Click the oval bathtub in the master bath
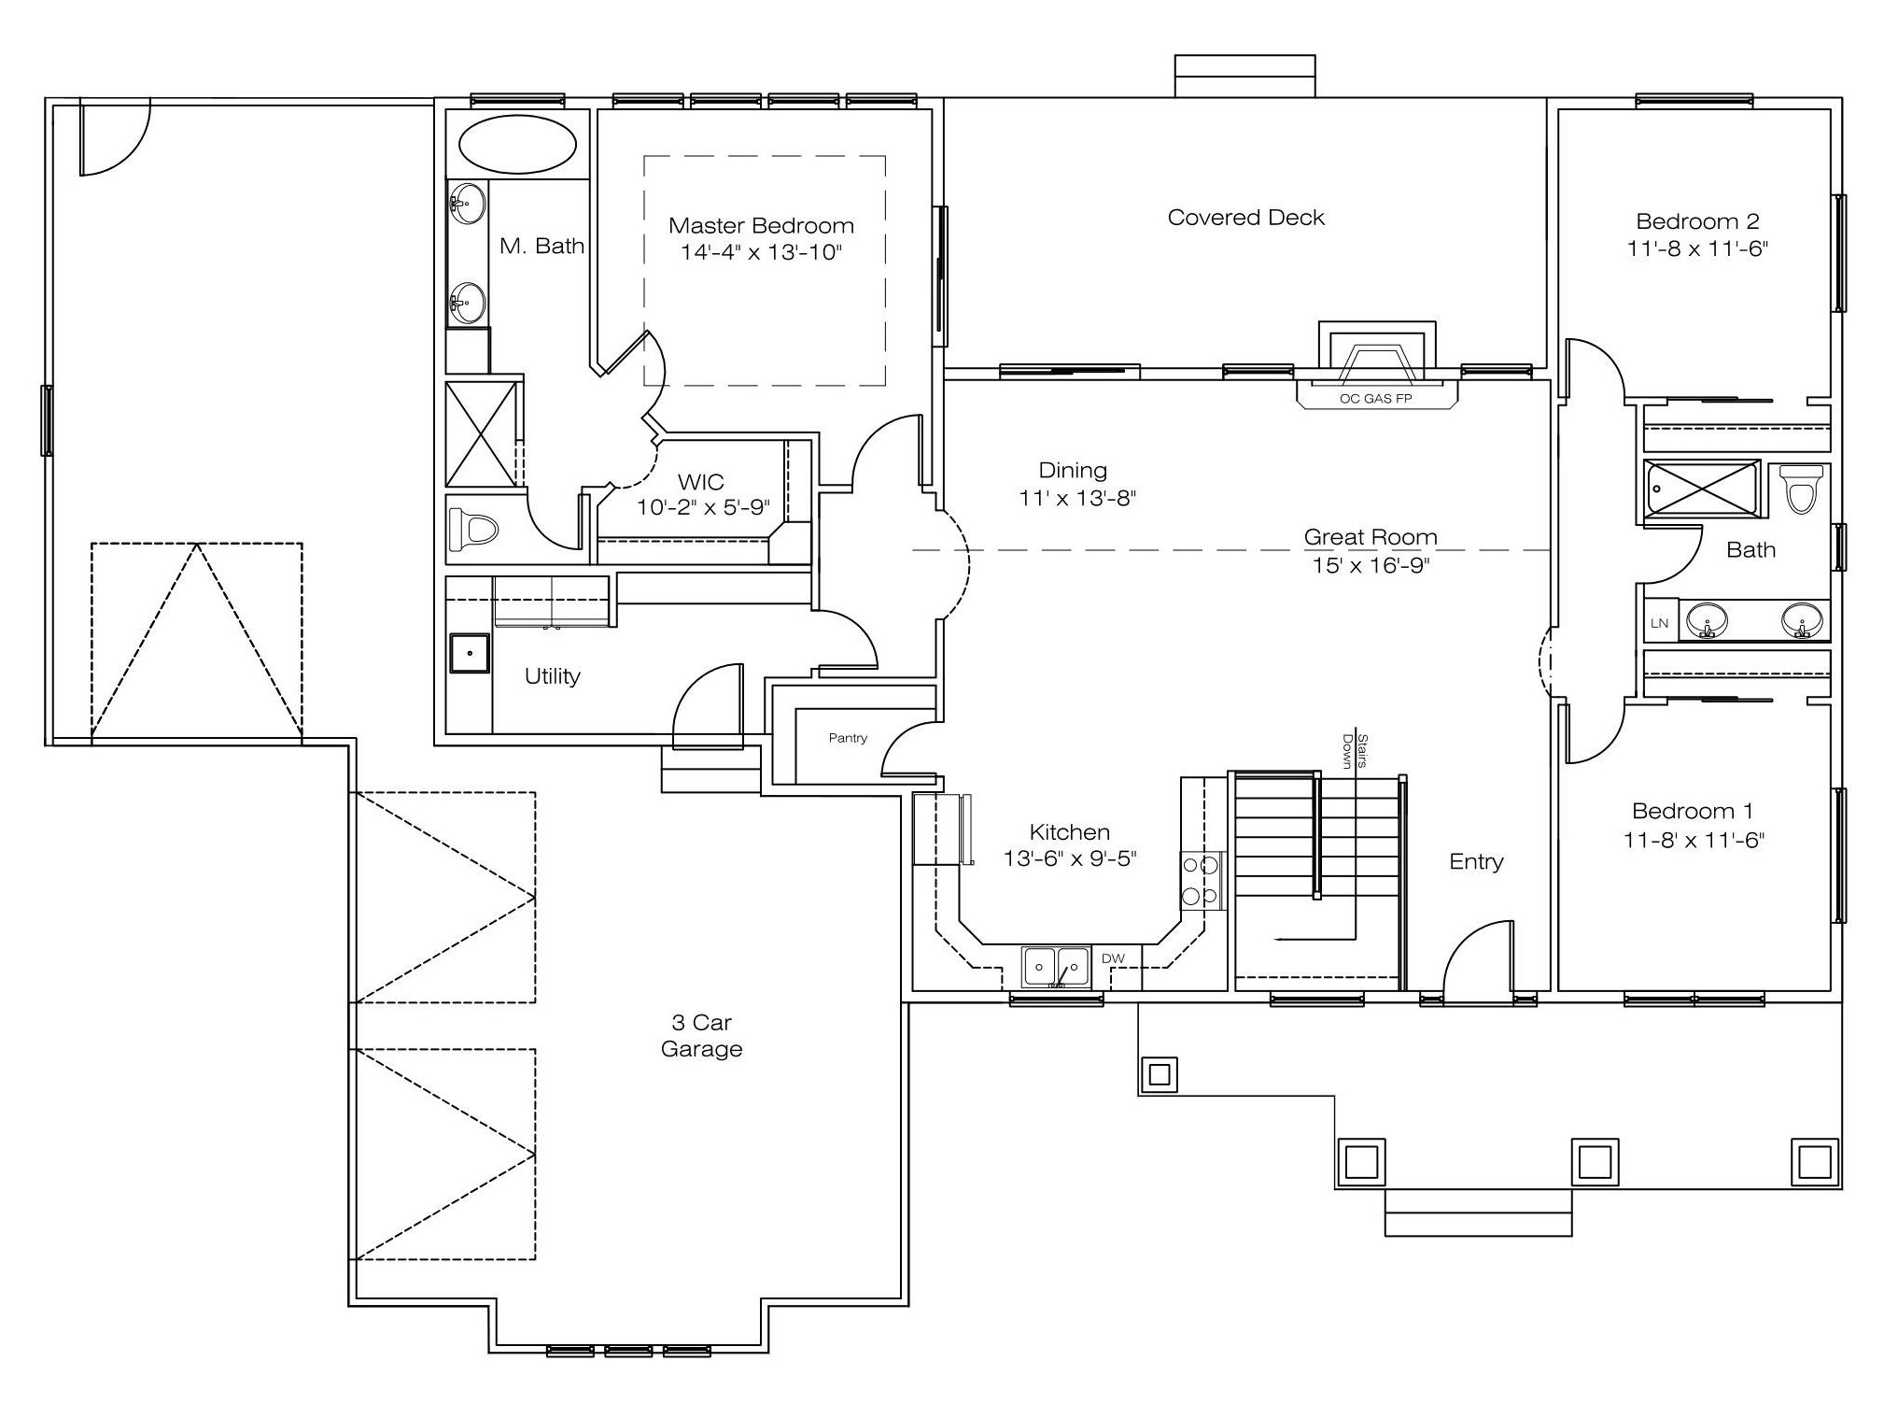517,144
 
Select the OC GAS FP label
1375,399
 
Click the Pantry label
848,738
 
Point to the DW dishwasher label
1113,958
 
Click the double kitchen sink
1056,968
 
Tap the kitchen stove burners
1201,881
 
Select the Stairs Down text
1355,751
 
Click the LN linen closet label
1659,623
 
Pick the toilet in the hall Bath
1801,489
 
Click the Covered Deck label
1245,218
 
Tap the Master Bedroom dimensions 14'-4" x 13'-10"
761,252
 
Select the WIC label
700,482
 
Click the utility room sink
470,653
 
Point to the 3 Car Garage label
701,1035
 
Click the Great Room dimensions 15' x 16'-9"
1371,565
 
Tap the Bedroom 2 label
1697,221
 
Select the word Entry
1476,861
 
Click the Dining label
1073,471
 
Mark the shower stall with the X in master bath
482,433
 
